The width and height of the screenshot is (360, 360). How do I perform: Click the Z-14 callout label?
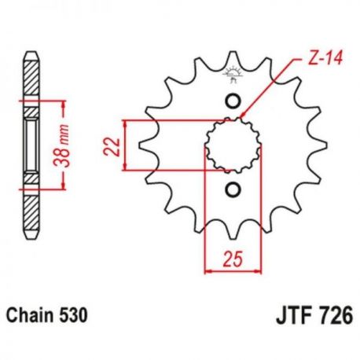(325, 58)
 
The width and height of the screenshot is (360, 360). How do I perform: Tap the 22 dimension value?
(112, 147)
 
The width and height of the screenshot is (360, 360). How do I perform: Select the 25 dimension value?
(233, 259)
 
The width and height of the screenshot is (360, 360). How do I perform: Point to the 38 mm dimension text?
(61, 146)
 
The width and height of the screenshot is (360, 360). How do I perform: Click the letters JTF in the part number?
(292, 315)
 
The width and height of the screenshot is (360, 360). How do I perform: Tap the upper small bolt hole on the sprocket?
(233, 101)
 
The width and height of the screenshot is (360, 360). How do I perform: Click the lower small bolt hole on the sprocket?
(233, 189)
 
